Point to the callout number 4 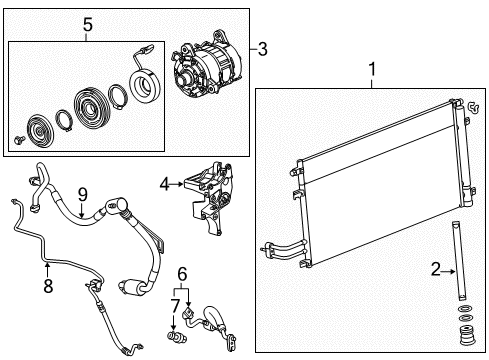(x=164, y=183)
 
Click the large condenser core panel (x=375, y=200)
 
